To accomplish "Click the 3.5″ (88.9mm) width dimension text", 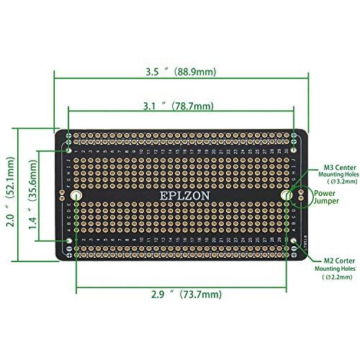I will pyautogui.click(x=181, y=72).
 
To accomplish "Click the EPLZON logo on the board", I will pyautogui.click(x=181, y=196).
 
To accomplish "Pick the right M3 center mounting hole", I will pyautogui.click(x=285, y=196).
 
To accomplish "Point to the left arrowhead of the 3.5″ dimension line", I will pyautogui.click(x=57, y=72).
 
